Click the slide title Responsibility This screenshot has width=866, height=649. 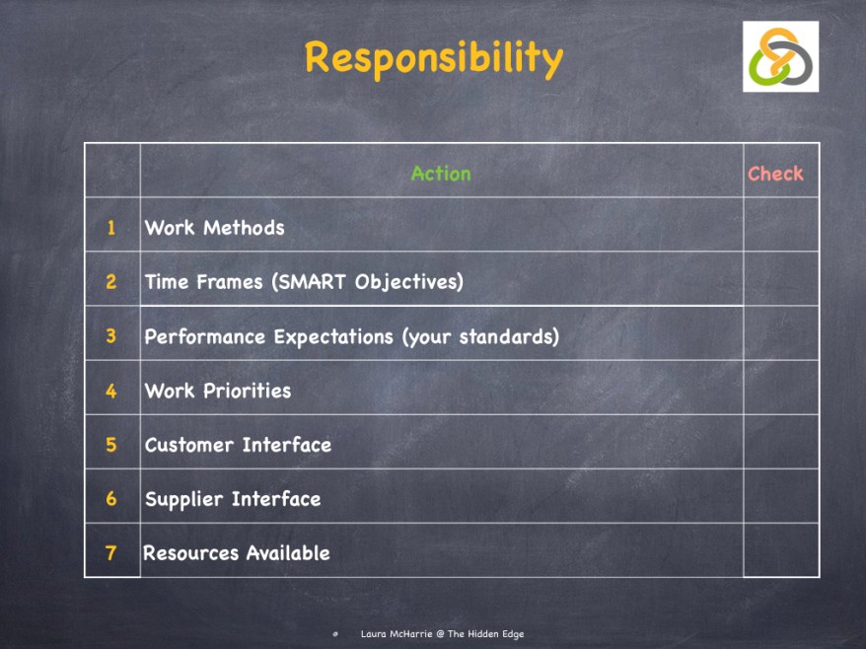433,58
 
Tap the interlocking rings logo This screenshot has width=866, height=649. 780,57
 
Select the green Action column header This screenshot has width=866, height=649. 441,174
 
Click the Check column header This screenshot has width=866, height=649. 775,174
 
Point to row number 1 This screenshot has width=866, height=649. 111,228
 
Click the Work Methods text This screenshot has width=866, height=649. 214,228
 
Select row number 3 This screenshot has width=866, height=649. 111,336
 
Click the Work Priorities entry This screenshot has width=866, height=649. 218,391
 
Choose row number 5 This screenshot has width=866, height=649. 111,445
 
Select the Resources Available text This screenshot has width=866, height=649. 237,553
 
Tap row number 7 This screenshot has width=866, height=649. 111,553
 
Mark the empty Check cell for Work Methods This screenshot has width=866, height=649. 781,225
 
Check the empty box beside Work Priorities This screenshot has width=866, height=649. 781,388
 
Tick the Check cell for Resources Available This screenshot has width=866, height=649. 781,550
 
